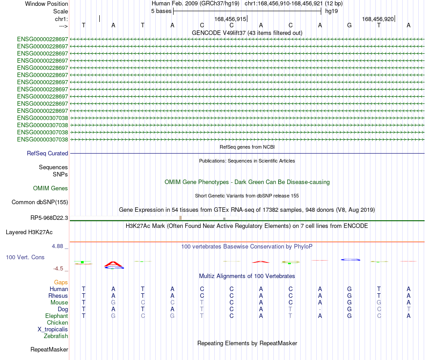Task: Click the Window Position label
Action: click(47, 4)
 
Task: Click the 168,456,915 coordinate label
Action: click(230, 19)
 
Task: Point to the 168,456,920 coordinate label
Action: click(378, 19)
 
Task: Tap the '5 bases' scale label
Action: click(161, 11)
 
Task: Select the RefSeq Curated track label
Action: click(47, 153)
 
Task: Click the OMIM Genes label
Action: click(51, 188)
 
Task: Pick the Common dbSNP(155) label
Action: click(40, 202)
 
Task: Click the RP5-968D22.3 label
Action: click(49, 218)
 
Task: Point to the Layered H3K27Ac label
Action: click(29, 232)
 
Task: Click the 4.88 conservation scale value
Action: click(57, 246)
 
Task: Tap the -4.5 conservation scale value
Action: click(58, 269)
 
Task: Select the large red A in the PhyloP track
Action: click(114, 264)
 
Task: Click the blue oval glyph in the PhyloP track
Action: click(350, 260)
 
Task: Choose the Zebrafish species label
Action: click(56, 336)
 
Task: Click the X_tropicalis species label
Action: click(53, 330)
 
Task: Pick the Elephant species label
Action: click(56, 316)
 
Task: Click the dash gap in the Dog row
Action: click(320, 309)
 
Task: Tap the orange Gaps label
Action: click(61, 283)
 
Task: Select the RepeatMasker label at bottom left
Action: click(49, 349)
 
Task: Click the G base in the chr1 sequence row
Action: click(349, 25)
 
